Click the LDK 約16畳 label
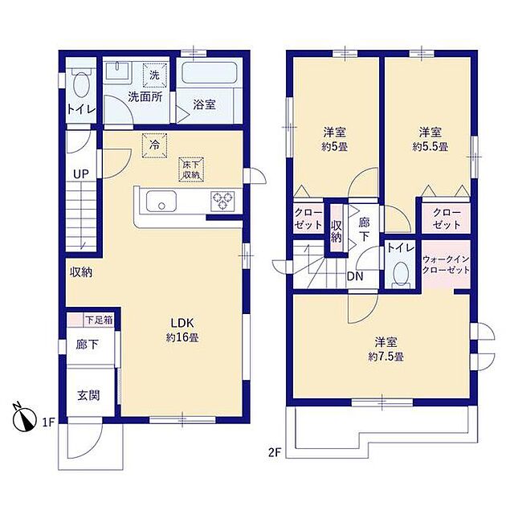click(182, 330)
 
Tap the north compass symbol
click(23, 418)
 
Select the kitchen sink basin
click(161, 201)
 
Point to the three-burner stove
click(222, 201)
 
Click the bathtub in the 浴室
click(209, 72)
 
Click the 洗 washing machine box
click(154, 75)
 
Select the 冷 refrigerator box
click(154, 145)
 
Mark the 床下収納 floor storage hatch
click(191, 169)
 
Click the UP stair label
click(80, 174)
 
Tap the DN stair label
click(355, 276)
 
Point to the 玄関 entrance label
click(88, 395)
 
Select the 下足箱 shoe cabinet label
click(99, 320)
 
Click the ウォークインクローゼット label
click(446, 264)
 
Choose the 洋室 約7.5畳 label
click(386, 349)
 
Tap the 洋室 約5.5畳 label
click(431, 140)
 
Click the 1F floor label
click(48, 422)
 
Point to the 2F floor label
click(275, 453)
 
